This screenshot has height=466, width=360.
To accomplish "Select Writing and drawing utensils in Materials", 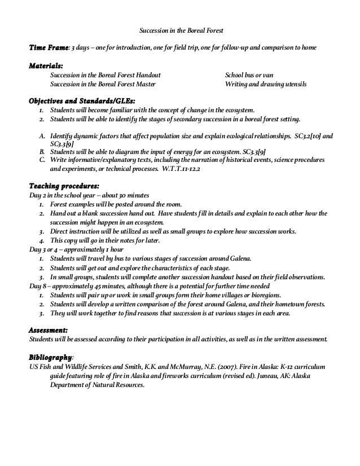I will (x=266, y=83).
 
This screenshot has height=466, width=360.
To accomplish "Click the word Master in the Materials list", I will (x=145, y=83).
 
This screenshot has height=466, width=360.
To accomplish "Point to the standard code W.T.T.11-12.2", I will (x=199, y=168).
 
